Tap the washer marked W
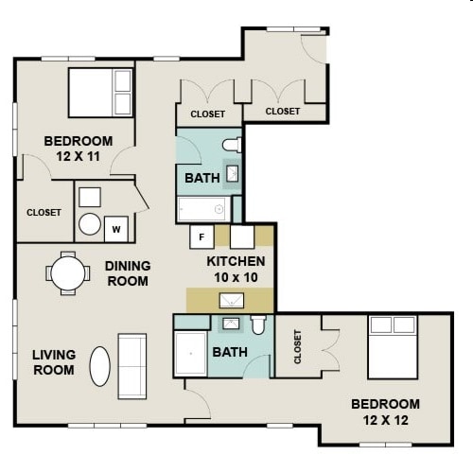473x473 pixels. (116, 228)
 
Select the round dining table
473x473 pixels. (68, 273)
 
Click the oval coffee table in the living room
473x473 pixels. (100, 366)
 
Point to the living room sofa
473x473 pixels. (131, 365)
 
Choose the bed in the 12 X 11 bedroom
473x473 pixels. (99, 92)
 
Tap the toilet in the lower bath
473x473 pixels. (258, 326)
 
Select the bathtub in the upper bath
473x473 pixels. (203, 209)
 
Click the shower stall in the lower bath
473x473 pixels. (192, 354)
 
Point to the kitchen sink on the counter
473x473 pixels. (230, 301)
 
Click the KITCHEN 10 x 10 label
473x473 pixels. (236, 268)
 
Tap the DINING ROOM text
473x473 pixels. (127, 273)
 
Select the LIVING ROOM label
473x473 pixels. (53, 362)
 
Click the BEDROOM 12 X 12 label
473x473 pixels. (384, 412)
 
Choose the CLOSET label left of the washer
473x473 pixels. (44, 213)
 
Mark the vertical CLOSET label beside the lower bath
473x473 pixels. (298, 346)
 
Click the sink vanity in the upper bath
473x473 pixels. (232, 174)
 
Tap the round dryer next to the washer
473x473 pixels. (90, 224)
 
